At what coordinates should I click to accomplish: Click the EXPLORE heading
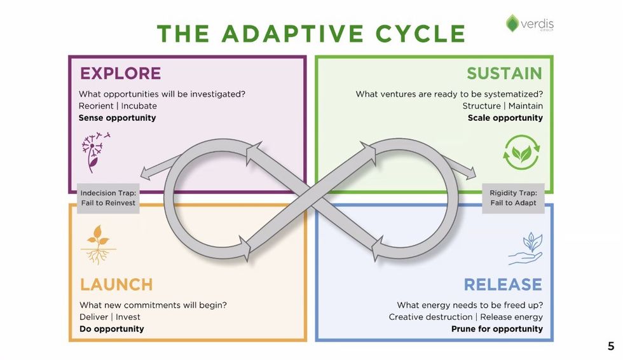(120, 73)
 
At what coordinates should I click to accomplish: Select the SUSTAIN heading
(504, 73)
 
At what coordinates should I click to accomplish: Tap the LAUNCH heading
(116, 284)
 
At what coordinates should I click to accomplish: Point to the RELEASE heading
(502, 284)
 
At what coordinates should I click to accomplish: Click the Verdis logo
(530, 24)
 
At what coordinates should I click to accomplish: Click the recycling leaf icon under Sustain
(521, 152)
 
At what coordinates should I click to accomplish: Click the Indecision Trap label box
(108, 198)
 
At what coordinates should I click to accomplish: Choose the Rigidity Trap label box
(513, 198)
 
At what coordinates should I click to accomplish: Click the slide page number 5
(611, 347)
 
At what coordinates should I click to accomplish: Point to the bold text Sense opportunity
(117, 118)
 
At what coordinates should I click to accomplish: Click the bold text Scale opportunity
(505, 118)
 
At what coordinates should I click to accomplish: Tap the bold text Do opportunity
(111, 329)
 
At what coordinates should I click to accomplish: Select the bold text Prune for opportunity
(496, 329)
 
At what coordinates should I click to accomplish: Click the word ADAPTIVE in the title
(291, 33)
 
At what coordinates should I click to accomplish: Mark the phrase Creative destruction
(430, 317)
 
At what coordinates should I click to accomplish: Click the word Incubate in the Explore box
(139, 106)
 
